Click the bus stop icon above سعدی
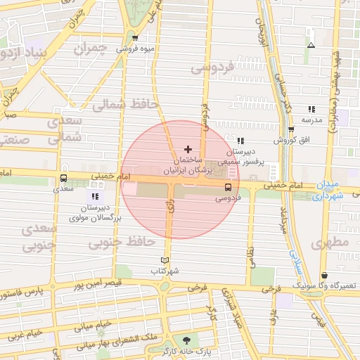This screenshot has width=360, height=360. (x=64, y=179)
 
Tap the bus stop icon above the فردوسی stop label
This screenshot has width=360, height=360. (x=227, y=187)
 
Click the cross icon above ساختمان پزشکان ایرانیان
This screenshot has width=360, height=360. (x=187, y=149)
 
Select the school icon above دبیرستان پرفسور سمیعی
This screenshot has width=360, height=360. (x=241, y=141)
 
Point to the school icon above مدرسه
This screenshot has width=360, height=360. (x=311, y=109)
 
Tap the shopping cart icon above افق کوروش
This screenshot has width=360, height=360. (x=291, y=129)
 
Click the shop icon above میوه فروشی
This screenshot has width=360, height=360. (x=134, y=38)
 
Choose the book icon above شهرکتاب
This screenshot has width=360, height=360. (x=165, y=260)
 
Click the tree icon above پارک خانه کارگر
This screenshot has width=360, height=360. (x=186, y=339)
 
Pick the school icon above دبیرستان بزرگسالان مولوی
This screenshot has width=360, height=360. (x=95, y=197)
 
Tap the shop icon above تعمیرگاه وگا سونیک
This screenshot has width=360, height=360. (x=324, y=276)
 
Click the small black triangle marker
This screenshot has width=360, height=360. (x=311, y=46)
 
